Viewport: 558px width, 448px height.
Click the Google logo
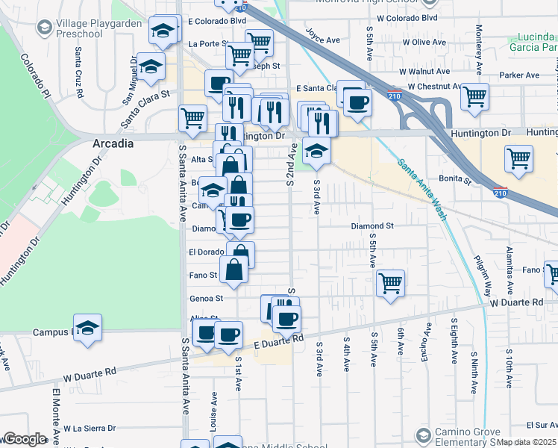click(25, 438)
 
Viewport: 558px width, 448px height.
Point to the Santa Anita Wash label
click(421, 190)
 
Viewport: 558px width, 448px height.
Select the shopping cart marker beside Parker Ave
click(474, 96)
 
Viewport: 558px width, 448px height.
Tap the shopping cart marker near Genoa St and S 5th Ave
click(390, 283)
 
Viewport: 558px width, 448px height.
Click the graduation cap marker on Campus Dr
click(87, 327)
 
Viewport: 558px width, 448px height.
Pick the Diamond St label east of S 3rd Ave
click(372, 225)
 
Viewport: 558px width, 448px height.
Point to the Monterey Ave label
click(477, 43)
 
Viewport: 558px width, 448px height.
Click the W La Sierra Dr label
click(90, 428)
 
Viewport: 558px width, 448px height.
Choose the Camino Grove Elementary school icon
click(423, 435)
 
